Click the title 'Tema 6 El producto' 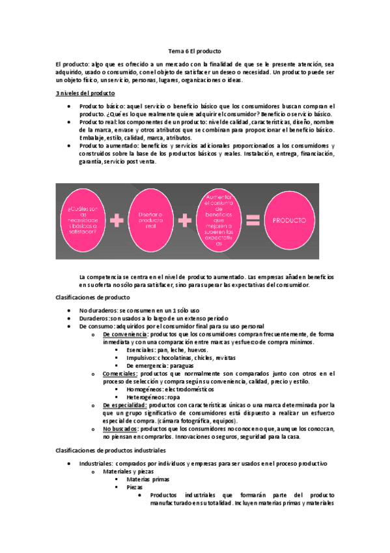[x=195, y=50]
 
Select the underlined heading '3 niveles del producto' [x=85, y=93]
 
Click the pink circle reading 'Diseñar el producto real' [x=152, y=220]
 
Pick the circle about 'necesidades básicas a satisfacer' [x=81, y=220]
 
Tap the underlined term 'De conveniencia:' [x=125, y=334]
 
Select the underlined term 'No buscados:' [x=120, y=429]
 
